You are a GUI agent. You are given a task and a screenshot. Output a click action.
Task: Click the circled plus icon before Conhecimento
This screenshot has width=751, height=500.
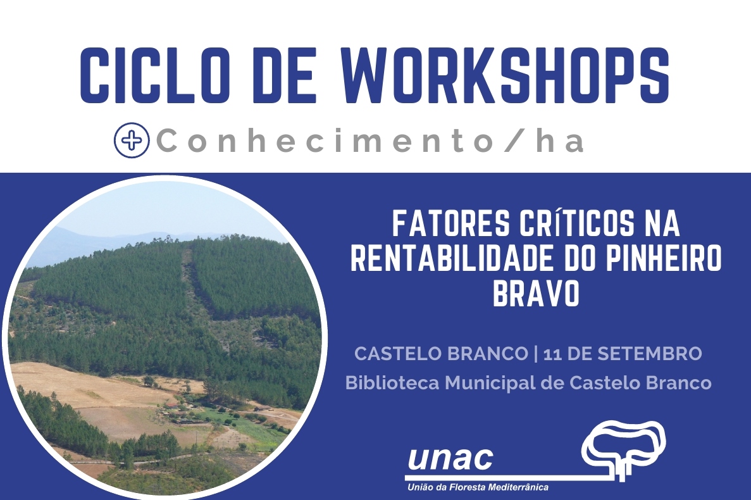click(x=132, y=141)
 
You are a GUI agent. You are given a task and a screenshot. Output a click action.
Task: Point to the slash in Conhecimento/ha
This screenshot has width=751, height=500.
click(x=514, y=141)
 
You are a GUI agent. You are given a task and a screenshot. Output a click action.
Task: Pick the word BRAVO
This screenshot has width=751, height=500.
click(x=536, y=294)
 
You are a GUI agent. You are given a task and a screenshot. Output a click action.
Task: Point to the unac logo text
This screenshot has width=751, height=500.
click(x=450, y=458)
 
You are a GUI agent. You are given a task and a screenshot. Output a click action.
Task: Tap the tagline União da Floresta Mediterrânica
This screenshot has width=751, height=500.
click(x=478, y=487)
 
